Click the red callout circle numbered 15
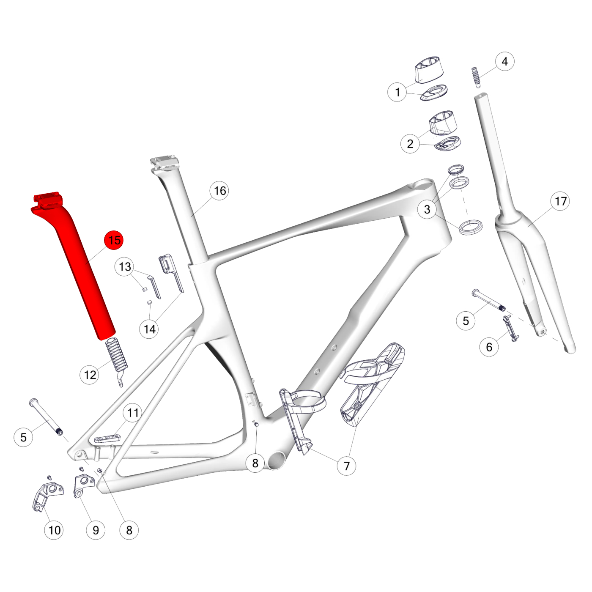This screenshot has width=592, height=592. pos(114,240)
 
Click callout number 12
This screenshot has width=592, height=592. pos(90,375)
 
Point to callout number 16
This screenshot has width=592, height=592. pos(219,191)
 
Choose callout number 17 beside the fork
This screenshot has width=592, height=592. pos(560,201)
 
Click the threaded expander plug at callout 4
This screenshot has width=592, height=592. pos(477,77)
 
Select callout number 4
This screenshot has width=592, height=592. pos(504,61)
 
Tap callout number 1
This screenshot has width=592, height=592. pos(397,92)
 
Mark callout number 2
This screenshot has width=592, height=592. pos(410,144)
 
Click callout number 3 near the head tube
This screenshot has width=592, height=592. pos(427,209)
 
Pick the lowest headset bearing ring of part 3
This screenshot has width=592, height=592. pos(471,226)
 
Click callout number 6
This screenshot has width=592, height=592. pos(489,347)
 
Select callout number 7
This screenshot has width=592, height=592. pos(346,466)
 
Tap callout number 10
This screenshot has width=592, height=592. pos(54,530)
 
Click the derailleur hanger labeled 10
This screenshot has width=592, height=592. pos(48,496)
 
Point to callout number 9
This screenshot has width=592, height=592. pos(96,530)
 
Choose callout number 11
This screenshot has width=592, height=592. pos(133,413)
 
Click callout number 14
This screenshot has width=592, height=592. pos(149,329)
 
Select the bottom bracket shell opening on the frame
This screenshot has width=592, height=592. pos(276,460)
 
